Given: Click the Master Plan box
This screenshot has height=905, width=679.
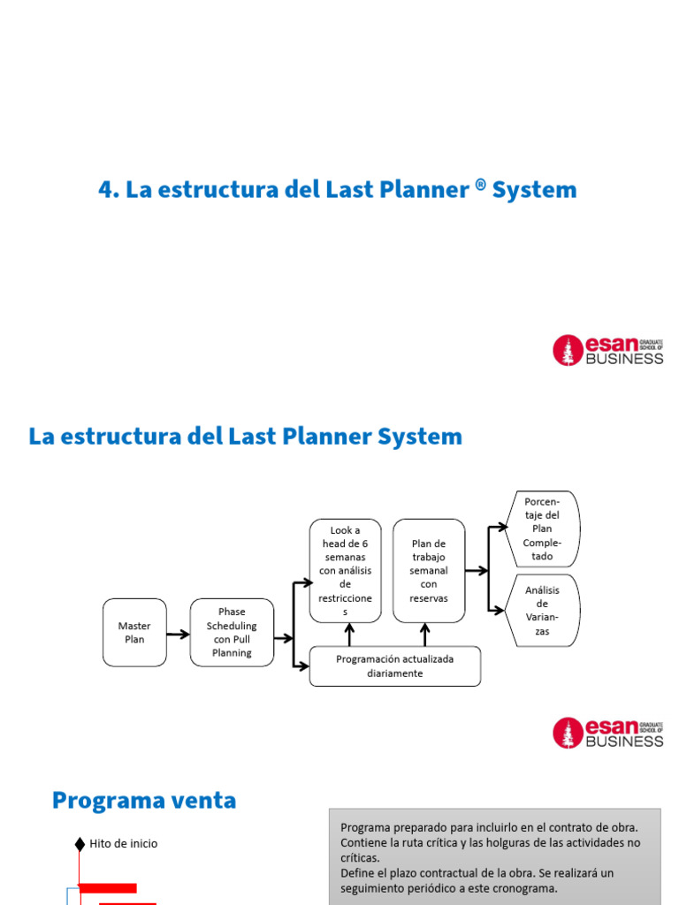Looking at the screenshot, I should pyautogui.click(x=134, y=632).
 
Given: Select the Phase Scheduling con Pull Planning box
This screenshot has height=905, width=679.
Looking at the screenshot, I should pyautogui.click(x=232, y=632).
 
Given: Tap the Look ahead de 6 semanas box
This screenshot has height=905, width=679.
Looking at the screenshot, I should pyautogui.click(x=346, y=570).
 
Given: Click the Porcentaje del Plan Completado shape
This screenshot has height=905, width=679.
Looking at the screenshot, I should pyautogui.click(x=542, y=529).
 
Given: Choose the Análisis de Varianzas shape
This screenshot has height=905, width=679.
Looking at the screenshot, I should pyautogui.click(x=542, y=611).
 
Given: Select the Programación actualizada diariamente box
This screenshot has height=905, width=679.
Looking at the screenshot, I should pyautogui.click(x=395, y=666).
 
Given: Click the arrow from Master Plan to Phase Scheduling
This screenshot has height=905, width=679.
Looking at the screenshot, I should pyautogui.click(x=178, y=634).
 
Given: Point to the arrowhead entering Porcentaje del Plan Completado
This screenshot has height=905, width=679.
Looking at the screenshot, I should pyautogui.click(x=503, y=528).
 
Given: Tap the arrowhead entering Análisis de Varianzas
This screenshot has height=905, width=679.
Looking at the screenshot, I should pyautogui.click(x=503, y=610).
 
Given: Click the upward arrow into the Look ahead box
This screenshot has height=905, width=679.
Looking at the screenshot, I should pyautogui.click(x=350, y=634).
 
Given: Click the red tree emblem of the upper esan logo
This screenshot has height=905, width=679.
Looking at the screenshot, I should pyautogui.click(x=568, y=350).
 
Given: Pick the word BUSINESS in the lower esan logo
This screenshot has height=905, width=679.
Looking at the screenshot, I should pyautogui.click(x=624, y=741).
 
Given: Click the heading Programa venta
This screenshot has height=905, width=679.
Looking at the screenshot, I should pyautogui.click(x=144, y=801).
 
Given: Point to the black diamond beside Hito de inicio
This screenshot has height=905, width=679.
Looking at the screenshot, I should pyautogui.click(x=80, y=844).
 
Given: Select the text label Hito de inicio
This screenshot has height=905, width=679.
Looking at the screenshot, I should pyautogui.click(x=124, y=844).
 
